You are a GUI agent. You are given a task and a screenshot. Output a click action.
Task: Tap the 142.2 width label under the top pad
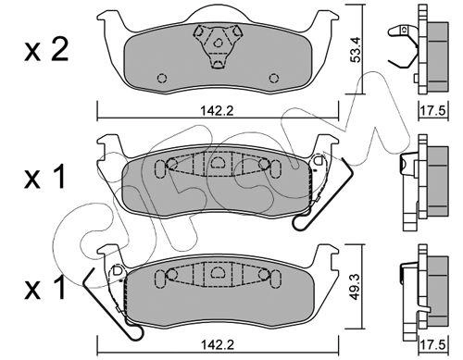click(218, 111)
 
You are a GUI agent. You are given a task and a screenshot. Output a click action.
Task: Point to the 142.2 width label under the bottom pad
click(218, 344)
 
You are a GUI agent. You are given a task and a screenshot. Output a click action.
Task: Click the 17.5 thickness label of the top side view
click(433, 110)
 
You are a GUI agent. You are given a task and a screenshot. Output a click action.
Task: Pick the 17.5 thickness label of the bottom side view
click(433, 344)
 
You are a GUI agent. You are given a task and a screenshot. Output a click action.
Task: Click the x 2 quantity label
click(46, 50)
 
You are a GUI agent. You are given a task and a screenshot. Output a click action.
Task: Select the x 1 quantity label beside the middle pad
click(45, 177)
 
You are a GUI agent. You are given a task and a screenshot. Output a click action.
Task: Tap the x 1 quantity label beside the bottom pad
click(45, 288)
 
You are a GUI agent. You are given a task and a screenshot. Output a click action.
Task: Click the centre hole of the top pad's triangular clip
click(218, 43)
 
